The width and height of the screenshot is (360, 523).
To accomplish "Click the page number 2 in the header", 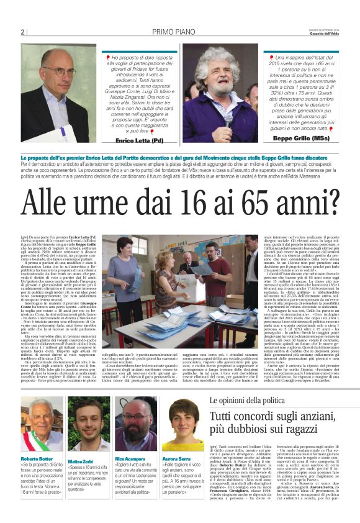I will (22, 32).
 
